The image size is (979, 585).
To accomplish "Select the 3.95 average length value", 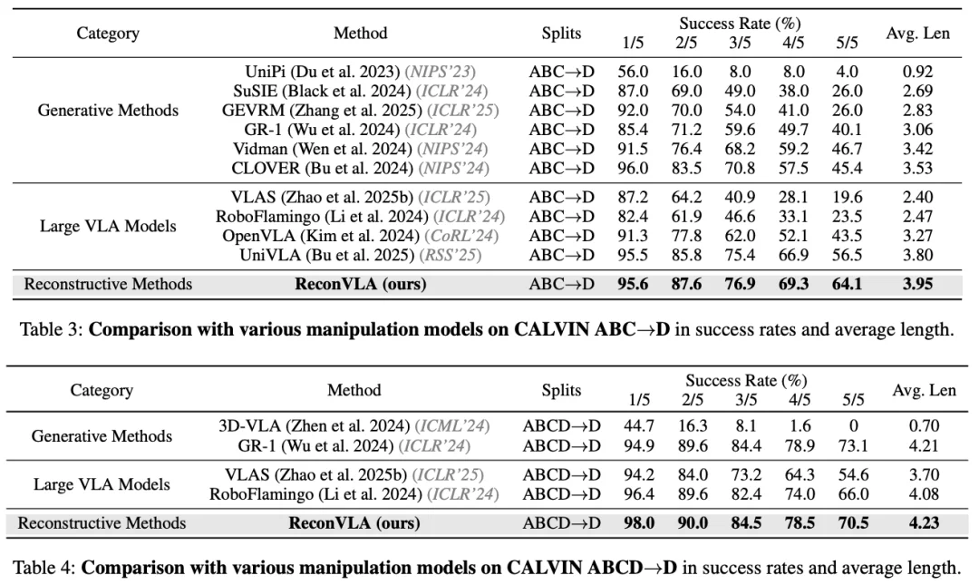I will (917, 284).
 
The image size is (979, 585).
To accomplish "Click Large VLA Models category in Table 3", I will (108, 226).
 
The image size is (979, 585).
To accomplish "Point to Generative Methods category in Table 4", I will (102, 435).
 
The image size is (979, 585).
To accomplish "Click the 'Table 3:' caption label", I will (51, 328).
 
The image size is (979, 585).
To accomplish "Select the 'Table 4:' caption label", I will (44, 568).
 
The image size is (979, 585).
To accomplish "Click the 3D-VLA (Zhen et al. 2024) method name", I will (300, 425).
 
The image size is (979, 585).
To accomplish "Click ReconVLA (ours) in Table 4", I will (354, 522).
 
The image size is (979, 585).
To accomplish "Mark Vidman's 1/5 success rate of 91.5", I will (633, 149).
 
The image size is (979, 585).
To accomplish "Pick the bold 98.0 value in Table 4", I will (639, 522).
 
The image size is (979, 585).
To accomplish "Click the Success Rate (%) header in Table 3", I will (740, 24).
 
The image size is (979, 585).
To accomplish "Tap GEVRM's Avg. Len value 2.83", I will (917, 110).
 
